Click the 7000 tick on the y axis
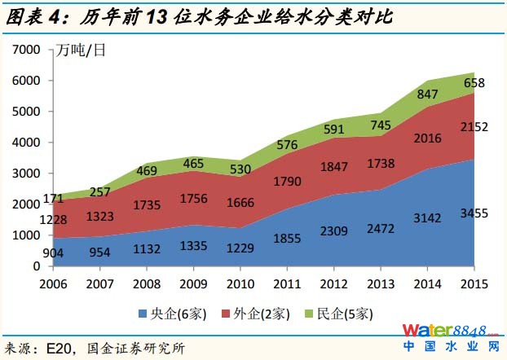point(29,50)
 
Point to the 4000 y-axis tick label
point(29,143)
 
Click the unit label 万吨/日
point(81,50)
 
